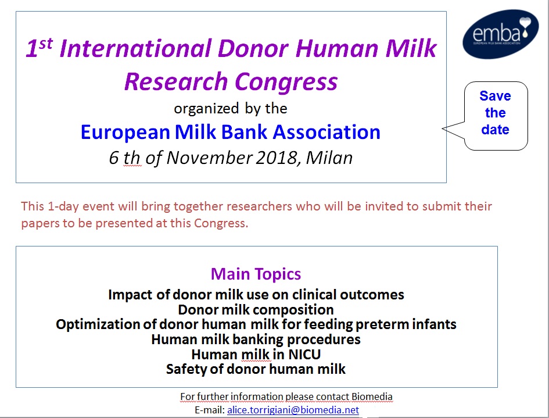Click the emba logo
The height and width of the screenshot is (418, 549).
point(500,34)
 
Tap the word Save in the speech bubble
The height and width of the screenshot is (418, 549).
point(495,96)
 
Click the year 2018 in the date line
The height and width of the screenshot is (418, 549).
point(277,158)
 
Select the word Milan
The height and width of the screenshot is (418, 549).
point(329,158)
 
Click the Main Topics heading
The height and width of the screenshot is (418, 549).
point(256,274)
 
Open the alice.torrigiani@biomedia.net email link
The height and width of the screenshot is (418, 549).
point(293,410)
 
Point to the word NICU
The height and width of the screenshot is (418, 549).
point(304,355)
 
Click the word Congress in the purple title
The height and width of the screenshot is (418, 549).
point(286,81)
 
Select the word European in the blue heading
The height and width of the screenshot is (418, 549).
point(125,133)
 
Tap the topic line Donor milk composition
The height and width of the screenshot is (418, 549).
point(256,310)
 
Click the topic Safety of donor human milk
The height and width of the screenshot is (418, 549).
point(256,369)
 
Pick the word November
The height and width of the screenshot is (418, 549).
point(209,158)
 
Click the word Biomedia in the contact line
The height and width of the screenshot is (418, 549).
point(372,396)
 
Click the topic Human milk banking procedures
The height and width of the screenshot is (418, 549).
point(256,340)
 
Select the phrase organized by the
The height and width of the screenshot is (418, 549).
point(231,109)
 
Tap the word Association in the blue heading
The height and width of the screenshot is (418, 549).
point(326,133)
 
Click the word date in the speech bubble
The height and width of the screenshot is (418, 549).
point(495,130)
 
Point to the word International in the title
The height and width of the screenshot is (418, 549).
point(136,48)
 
